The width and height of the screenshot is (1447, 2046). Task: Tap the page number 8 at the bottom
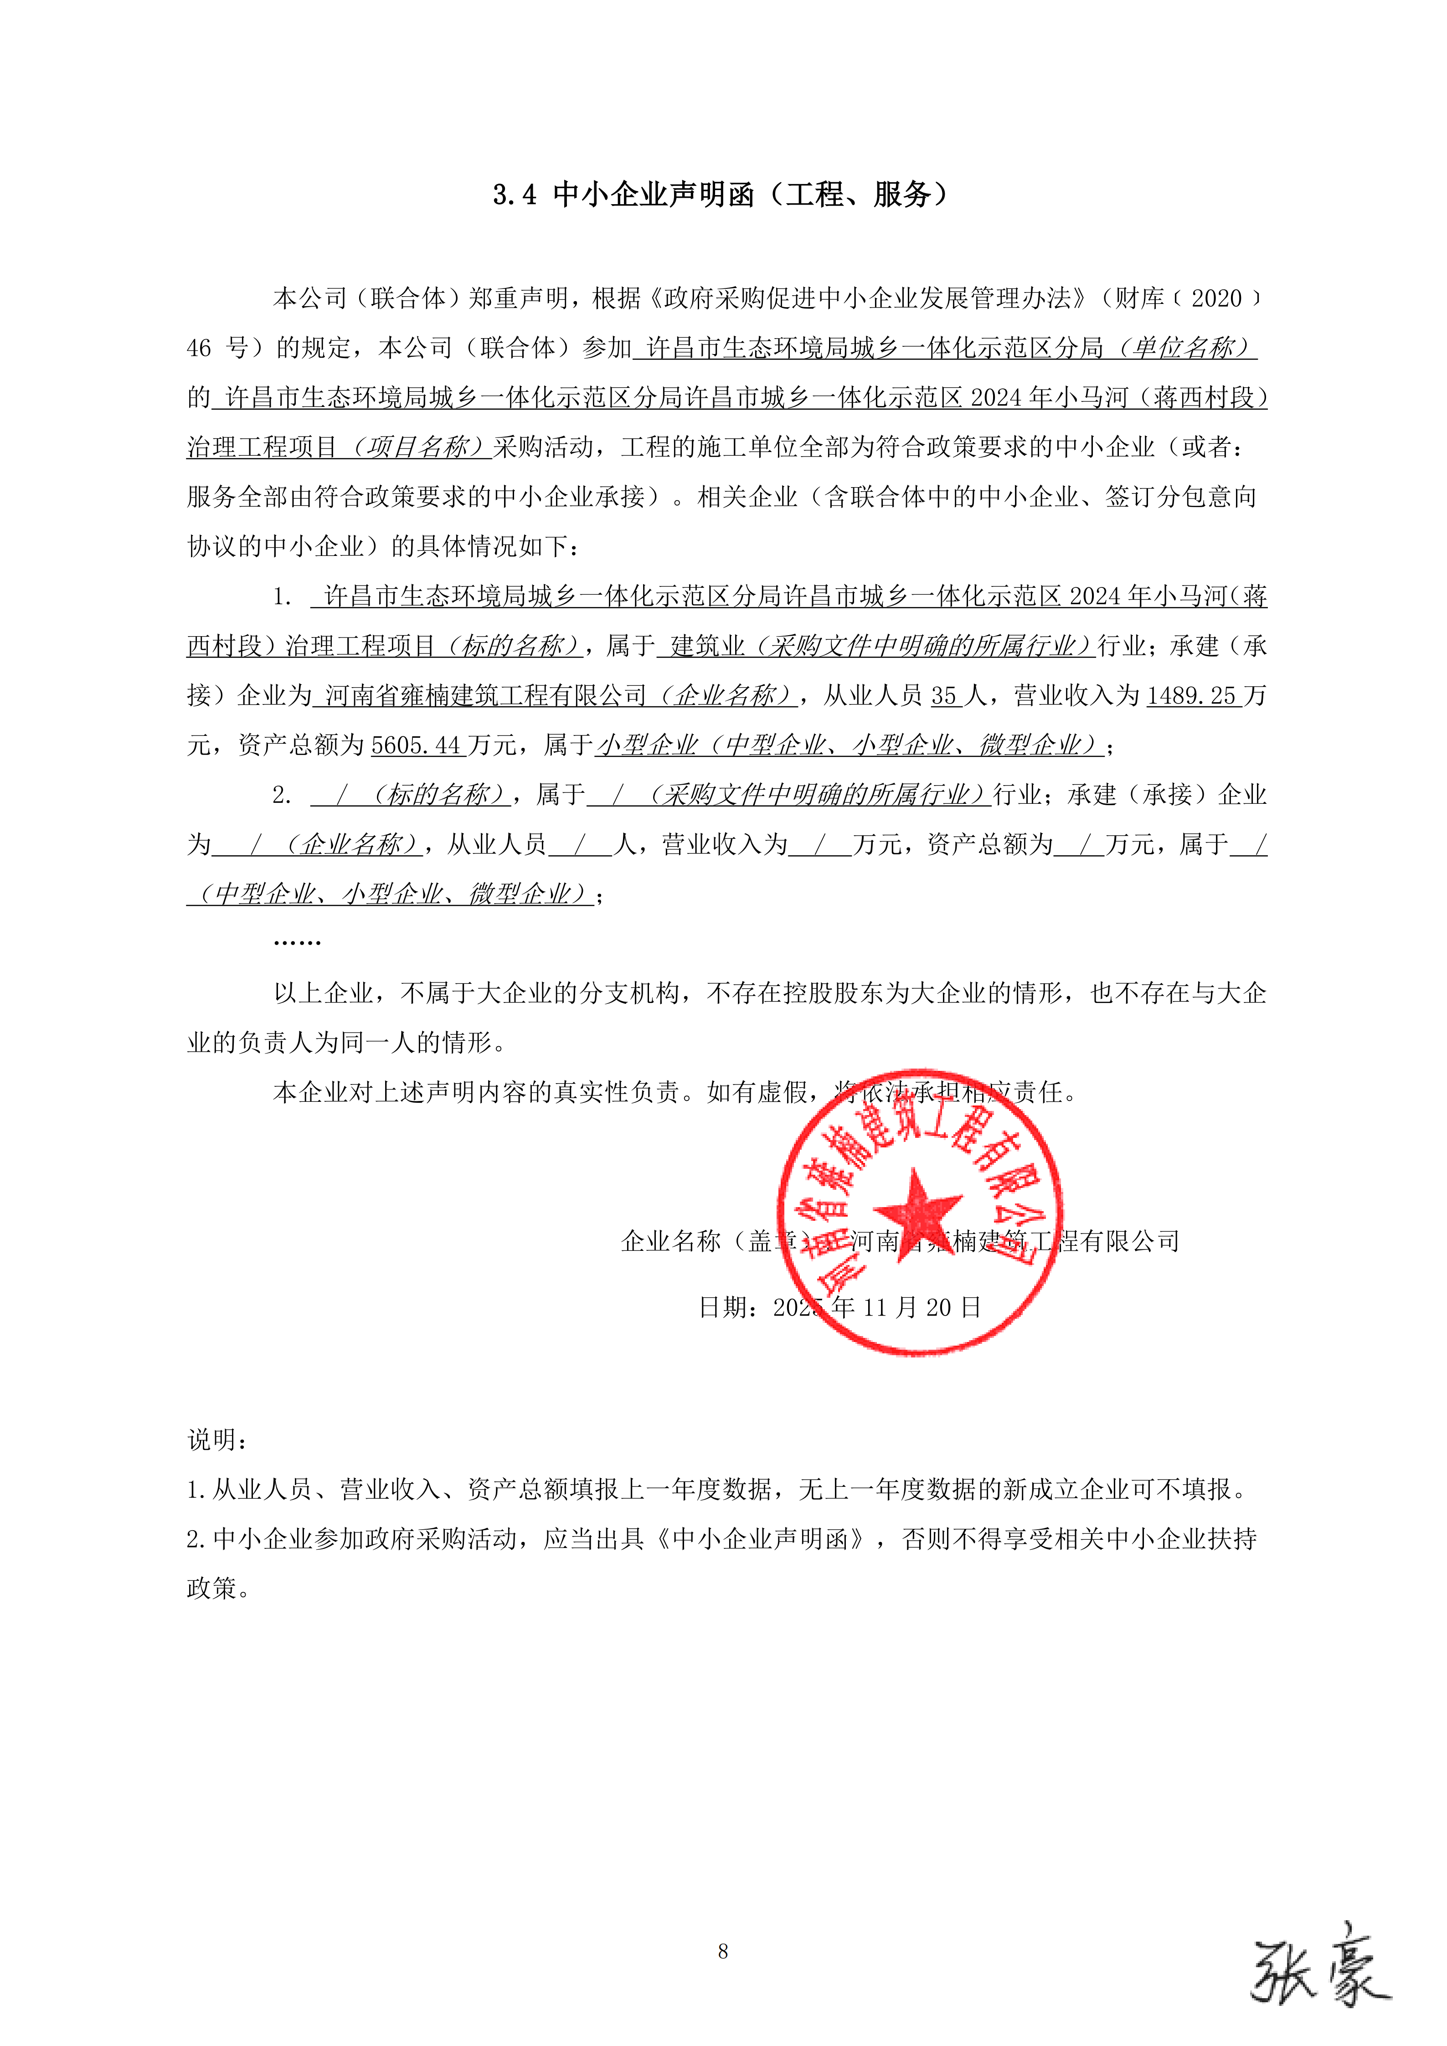tap(723, 1951)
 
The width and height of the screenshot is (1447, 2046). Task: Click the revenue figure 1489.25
tap(1191, 696)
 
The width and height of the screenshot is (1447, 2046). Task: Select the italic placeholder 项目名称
tap(417, 447)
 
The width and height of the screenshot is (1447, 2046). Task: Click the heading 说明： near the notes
tap(217, 1439)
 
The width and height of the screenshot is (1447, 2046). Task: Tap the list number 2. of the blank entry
tap(283, 795)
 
